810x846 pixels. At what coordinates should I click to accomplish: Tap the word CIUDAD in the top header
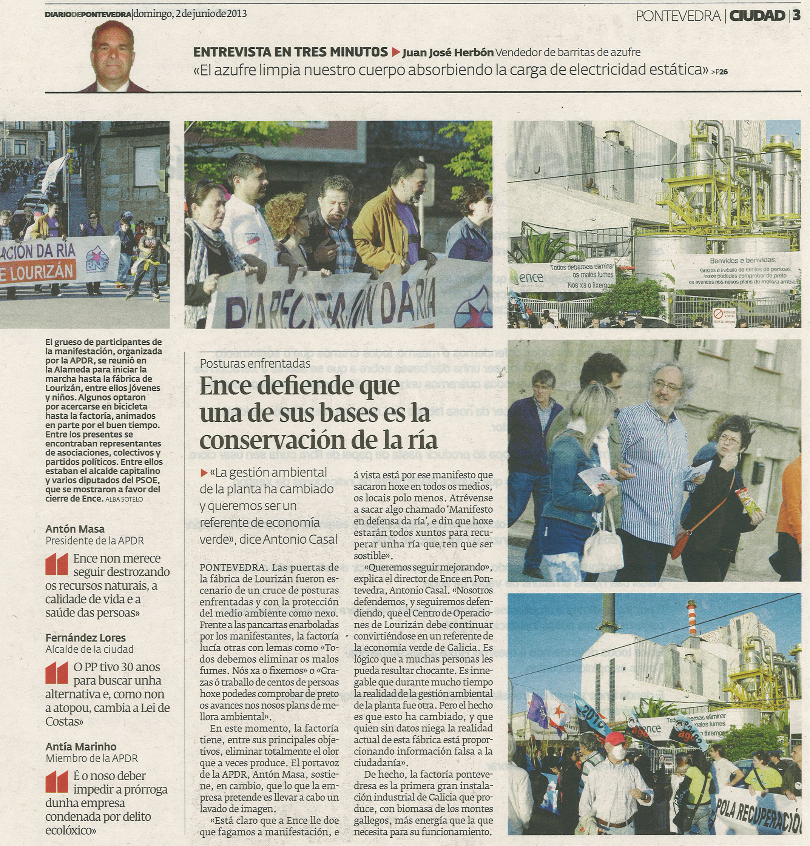tap(757, 16)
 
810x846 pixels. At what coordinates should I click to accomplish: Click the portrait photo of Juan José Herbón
tap(113, 57)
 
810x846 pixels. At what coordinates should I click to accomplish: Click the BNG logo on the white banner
tap(93, 256)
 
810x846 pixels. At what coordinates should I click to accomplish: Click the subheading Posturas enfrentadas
tap(255, 363)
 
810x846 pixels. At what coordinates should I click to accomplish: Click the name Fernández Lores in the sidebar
tap(85, 637)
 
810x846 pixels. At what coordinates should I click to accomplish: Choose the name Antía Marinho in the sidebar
tap(81, 746)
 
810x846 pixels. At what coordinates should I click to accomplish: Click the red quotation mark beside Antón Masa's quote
tap(57, 564)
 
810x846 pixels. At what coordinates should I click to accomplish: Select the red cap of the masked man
tap(614, 737)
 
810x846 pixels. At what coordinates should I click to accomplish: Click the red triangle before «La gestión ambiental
tap(204, 473)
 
